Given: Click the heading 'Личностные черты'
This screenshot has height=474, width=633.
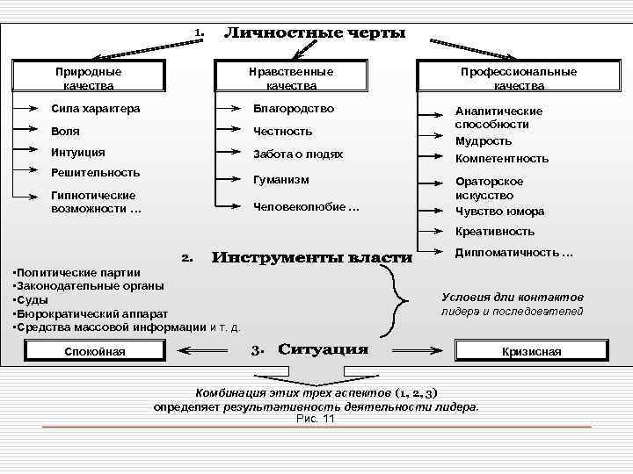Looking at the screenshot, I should pyautogui.click(x=315, y=34).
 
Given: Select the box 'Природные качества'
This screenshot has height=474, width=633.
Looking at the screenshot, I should pyautogui.click(x=88, y=78).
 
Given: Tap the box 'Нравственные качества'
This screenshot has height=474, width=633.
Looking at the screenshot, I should pyautogui.click(x=291, y=78).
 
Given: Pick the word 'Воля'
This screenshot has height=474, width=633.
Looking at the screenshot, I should pyautogui.click(x=66, y=132).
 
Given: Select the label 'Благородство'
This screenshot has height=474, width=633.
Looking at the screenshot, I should pyautogui.click(x=294, y=109).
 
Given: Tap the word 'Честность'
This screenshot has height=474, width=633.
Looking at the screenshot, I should pyautogui.click(x=282, y=132).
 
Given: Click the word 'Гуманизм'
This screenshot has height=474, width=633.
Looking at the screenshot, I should pyautogui.click(x=281, y=180).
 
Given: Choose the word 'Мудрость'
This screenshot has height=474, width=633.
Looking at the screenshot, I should pyautogui.click(x=483, y=141).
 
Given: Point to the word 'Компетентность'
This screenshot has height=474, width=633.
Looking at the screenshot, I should pyautogui.click(x=501, y=159).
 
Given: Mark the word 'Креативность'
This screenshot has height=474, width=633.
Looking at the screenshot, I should pyautogui.click(x=494, y=232).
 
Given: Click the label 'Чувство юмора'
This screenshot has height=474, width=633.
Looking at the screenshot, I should pyautogui.click(x=499, y=212).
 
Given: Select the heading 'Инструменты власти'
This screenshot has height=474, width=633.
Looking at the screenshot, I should pyautogui.click(x=311, y=258).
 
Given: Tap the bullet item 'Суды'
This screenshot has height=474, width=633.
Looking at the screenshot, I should pyautogui.click(x=33, y=300).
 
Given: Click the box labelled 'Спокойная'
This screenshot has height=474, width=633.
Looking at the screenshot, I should pyautogui.click(x=95, y=352).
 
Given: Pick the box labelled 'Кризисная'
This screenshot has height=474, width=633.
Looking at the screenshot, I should pyautogui.click(x=531, y=352).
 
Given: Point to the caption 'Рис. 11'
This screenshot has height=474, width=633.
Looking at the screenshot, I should pyautogui.click(x=316, y=419).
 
